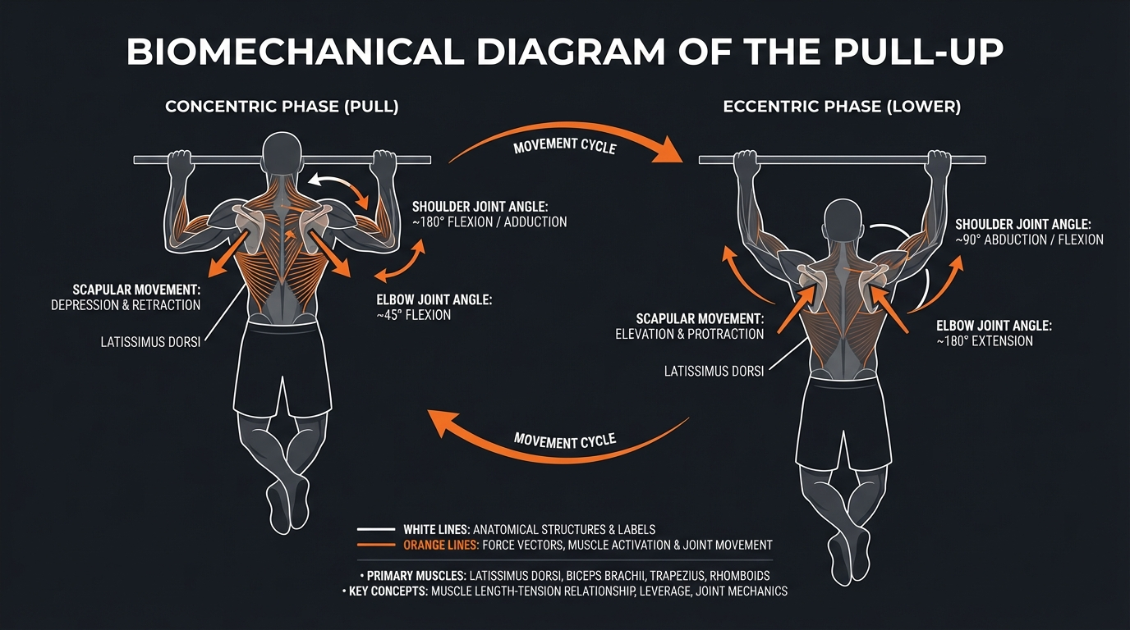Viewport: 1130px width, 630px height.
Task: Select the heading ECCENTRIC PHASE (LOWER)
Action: (x=843, y=107)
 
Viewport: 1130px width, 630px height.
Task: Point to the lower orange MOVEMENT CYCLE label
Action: (x=564, y=441)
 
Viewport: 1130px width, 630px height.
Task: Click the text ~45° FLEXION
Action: (x=414, y=315)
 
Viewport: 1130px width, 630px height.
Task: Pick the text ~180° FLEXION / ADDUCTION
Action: (x=489, y=221)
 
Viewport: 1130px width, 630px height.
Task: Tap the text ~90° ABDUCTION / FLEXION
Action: (x=1030, y=240)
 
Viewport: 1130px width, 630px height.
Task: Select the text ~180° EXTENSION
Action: (x=985, y=340)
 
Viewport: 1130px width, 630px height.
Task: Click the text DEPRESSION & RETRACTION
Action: (x=126, y=305)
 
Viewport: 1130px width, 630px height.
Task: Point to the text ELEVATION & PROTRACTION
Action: (x=689, y=334)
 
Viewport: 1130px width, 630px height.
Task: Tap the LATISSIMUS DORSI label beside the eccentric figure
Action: (x=714, y=371)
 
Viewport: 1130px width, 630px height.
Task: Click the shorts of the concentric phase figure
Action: (x=283, y=369)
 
